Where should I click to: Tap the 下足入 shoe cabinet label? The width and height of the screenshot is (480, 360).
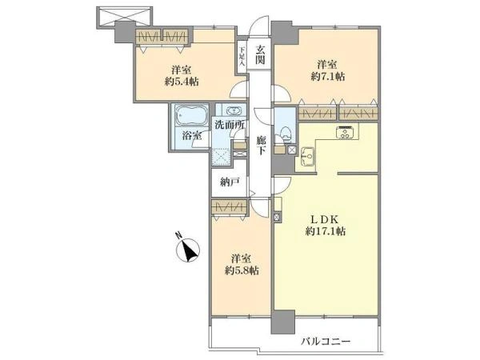coord(242,56)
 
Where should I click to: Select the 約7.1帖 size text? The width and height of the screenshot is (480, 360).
coord(328,76)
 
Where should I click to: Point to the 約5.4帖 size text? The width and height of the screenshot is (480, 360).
coord(182,82)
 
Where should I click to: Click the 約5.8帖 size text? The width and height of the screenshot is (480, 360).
coord(242,270)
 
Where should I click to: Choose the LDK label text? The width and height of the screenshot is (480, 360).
coord(325,219)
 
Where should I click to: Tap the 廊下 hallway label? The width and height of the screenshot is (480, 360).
coord(260,145)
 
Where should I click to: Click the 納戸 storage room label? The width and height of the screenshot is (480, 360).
coord(230,182)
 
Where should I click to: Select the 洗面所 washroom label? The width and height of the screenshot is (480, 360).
coord(230,125)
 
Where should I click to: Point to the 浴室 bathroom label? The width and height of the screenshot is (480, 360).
coord(192,135)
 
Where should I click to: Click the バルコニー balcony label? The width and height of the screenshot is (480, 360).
coord(326,341)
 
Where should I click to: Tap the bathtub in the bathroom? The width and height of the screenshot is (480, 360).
coord(191,115)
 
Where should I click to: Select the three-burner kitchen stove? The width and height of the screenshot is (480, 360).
coord(346,132)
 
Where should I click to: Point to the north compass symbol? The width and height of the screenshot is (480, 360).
coord(188,250)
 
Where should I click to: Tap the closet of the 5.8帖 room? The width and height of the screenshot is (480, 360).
coord(229,207)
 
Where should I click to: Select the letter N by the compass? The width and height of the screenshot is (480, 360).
coord(178,235)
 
